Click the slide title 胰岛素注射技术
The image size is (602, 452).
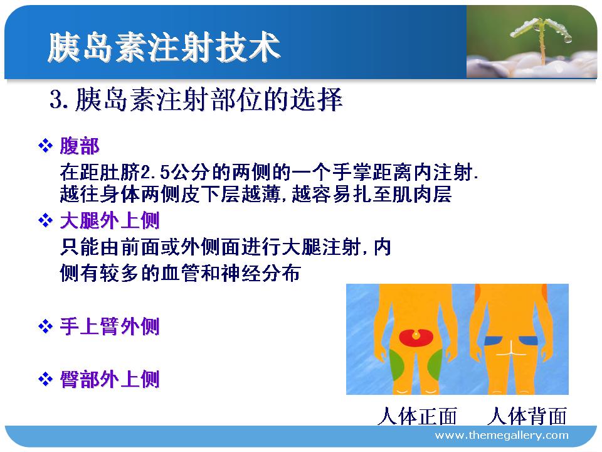tap(164, 47)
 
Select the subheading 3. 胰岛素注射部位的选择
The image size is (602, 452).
tap(196, 100)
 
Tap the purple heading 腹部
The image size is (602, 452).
tap(80, 146)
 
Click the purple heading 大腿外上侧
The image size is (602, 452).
tap(109, 220)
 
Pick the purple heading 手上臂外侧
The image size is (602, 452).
tap(109, 326)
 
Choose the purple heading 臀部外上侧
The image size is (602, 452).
tap(109, 379)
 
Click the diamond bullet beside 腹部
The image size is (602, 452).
tap(45, 146)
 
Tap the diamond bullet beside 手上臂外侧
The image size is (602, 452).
tap(45, 326)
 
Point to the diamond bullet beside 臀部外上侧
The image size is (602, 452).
tap(45, 379)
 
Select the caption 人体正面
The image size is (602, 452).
tap(418, 416)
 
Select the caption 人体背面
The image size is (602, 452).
tap(527, 416)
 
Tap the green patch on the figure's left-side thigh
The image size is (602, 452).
tap(396, 363)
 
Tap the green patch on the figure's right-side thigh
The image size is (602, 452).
tap(435, 363)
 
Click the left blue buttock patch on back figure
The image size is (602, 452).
tap(493, 340)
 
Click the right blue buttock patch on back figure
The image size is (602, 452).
tap(528, 340)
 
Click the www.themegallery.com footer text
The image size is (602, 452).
tap(502, 435)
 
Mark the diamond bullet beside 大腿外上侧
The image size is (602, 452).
tap(45, 220)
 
